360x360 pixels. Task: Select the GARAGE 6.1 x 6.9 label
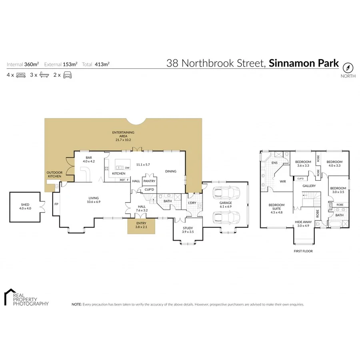(x=226, y=204)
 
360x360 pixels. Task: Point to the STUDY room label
(x=188, y=230)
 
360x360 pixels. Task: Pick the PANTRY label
(x=150, y=181)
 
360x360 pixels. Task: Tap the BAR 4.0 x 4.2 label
(x=89, y=159)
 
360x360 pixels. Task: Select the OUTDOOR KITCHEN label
(x=54, y=174)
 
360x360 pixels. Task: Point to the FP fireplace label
(x=56, y=204)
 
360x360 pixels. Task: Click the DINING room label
(x=171, y=171)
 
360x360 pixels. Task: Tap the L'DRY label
(x=192, y=203)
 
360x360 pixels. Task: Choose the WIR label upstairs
(x=283, y=182)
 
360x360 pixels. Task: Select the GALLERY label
(x=309, y=186)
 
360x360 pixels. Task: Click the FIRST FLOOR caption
(x=303, y=251)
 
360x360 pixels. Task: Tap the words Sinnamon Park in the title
(x=304, y=63)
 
